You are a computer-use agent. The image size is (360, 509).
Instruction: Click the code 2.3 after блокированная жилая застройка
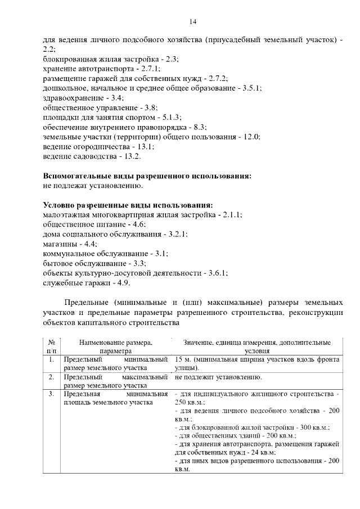pyautogui.click(x=172, y=58)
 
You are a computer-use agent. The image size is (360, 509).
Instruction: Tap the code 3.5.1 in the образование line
pyautogui.click(x=250, y=88)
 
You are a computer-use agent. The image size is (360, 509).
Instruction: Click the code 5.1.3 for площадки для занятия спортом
pyautogui.click(x=170, y=118)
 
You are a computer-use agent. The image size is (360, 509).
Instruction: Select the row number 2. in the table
pyautogui.click(x=51, y=377)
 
